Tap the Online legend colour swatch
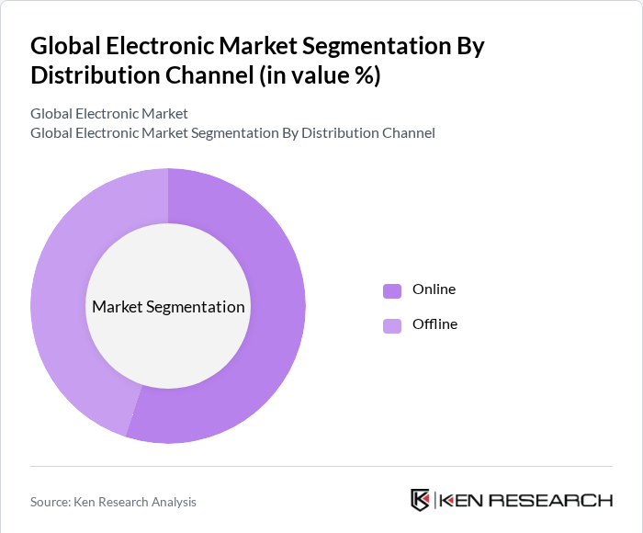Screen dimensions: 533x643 (392, 290)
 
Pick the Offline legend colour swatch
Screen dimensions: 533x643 (392, 325)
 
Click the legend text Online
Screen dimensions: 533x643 (434, 289)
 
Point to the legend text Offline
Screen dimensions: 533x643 (434, 324)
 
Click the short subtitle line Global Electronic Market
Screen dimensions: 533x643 (108, 114)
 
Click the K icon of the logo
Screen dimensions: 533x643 (420, 500)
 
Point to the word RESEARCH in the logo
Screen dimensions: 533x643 (552, 501)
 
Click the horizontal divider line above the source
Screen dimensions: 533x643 (321, 466)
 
